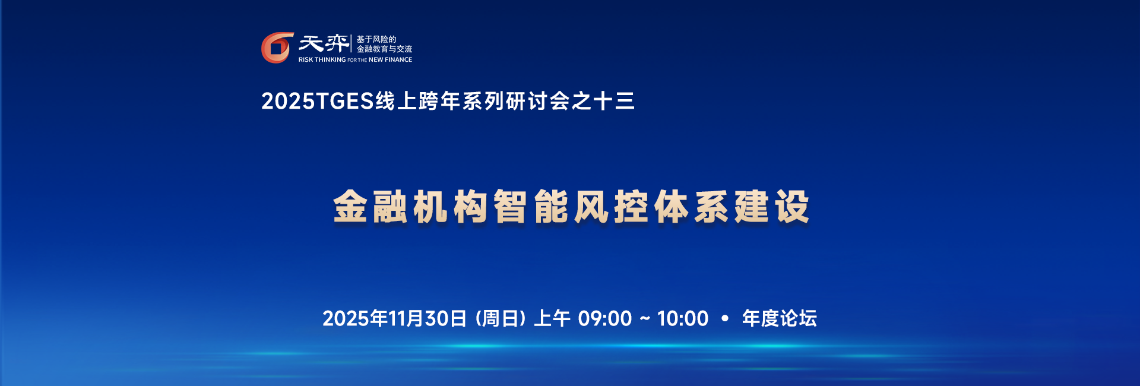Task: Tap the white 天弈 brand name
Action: [x=324, y=43]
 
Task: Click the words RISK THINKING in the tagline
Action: [x=322, y=60]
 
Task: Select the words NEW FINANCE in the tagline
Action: [x=390, y=60]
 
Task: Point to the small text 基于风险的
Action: [x=376, y=39]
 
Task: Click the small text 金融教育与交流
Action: [x=384, y=49]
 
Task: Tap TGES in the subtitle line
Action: [x=345, y=101]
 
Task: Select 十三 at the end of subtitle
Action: [x=614, y=101]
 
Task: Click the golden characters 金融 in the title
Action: [x=370, y=207]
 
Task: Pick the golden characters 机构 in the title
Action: [x=451, y=207]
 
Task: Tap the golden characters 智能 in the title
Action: [x=531, y=207]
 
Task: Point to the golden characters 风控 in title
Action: [x=611, y=207]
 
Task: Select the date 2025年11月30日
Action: [x=395, y=319]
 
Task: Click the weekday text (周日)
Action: [x=501, y=319]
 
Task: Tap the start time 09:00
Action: [x=605, y=319]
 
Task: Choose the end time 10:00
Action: [x=683, y=319]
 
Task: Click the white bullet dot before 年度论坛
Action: [x=725, y=319]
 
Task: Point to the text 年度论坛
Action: [x=780, y=319]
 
